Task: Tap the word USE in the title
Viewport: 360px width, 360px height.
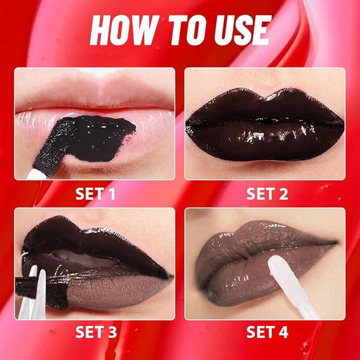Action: coord(239,31)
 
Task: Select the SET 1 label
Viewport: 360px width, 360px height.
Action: coord(95,194)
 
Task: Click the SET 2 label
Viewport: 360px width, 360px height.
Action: coord(267,194)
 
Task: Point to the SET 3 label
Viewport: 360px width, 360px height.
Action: coord(95,332)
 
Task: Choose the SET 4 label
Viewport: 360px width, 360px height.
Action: coord(267,332)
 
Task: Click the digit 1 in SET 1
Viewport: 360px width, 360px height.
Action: coord(111,194)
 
